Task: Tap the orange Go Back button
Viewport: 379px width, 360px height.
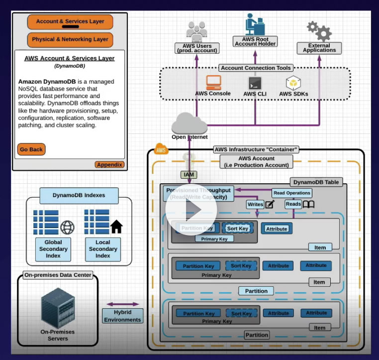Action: coord(31,149)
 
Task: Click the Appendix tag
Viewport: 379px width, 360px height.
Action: coord(109,165)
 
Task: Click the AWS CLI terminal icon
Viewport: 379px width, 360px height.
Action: coord(255,83)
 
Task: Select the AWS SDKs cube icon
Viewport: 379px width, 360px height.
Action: coord(293,83)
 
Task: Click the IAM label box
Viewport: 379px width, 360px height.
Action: coord(189,175)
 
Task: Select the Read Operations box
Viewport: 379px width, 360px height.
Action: coord(292,193)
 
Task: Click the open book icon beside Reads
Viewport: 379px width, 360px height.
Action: coord(309,204)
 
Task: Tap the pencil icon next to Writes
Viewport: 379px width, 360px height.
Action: coord(270,204)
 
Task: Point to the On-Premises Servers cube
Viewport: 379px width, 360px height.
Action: coord(58,309)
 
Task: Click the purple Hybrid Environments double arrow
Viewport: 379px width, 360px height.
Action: coord(123,304)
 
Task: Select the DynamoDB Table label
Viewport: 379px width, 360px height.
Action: coord(316,182)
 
